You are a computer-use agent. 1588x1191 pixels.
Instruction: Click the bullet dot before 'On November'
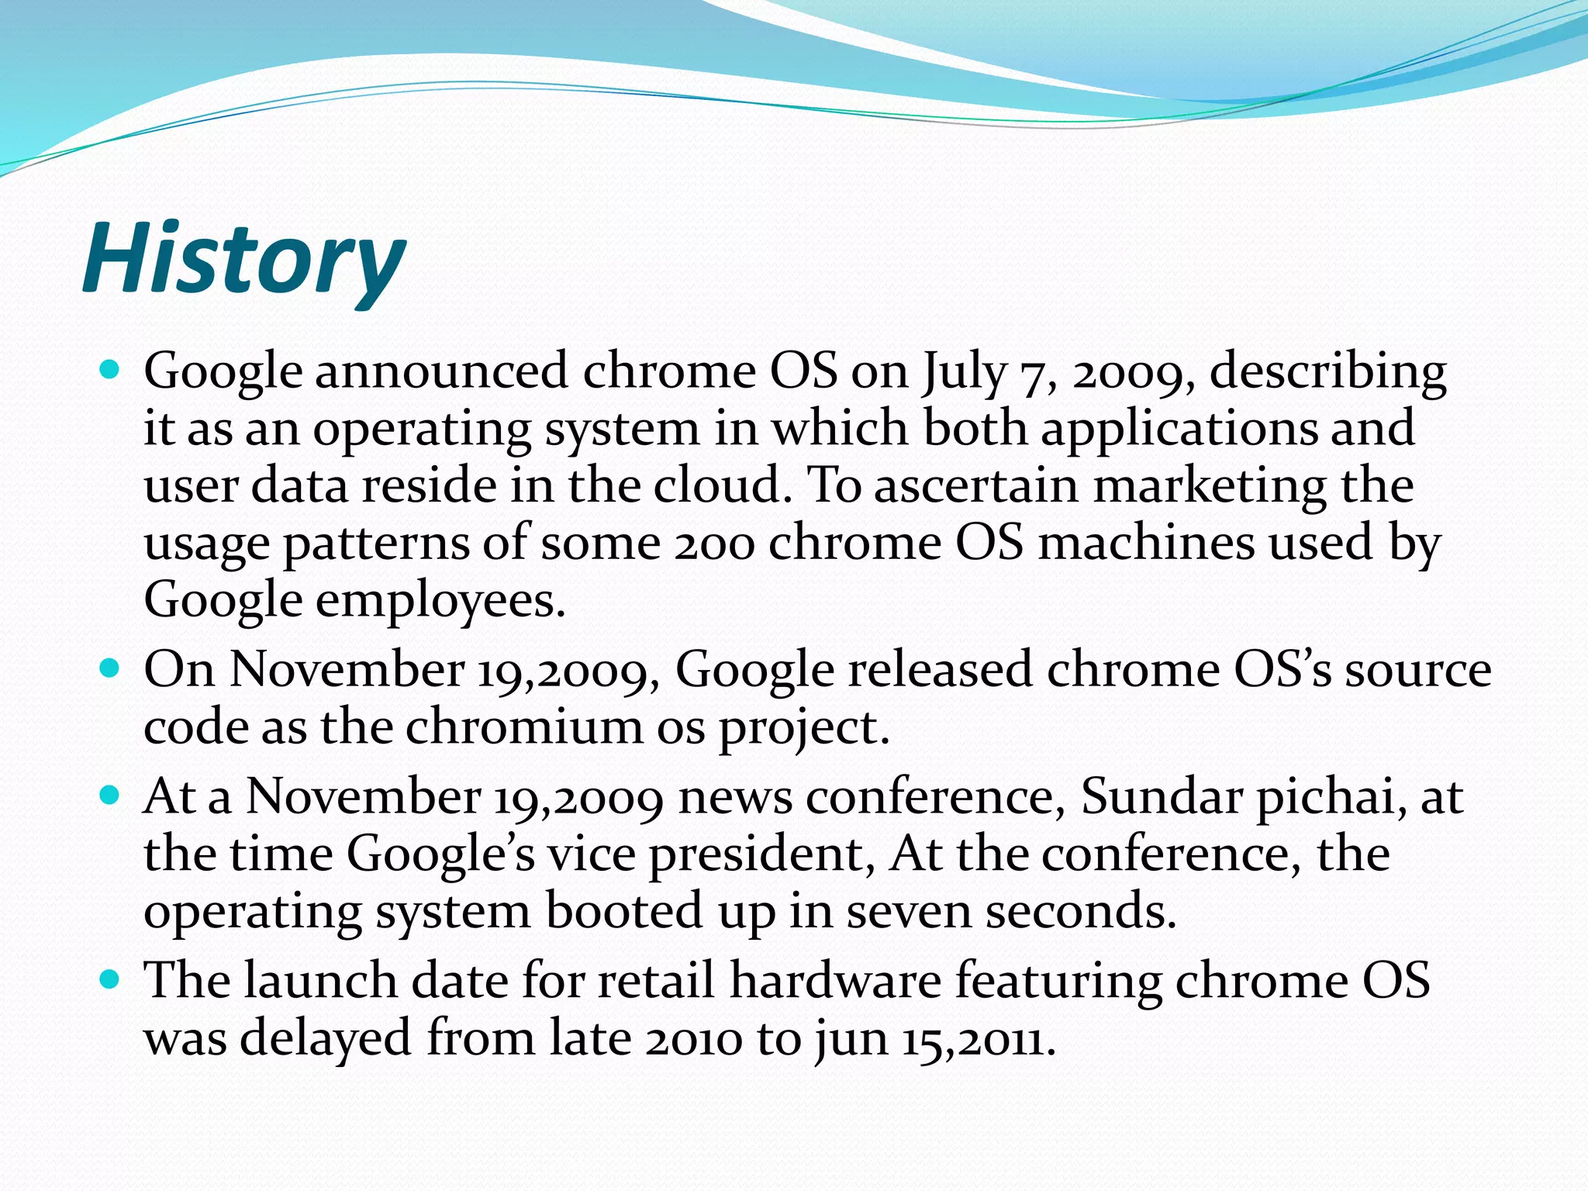110,667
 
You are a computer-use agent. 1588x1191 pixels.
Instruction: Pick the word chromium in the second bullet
524,727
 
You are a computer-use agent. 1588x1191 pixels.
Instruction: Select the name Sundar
1161,796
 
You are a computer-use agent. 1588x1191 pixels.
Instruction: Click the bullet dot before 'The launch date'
110,979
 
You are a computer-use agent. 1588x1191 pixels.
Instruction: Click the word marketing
1210,487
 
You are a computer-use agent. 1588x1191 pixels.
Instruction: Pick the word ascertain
976,486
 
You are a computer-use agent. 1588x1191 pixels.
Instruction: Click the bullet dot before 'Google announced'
110,370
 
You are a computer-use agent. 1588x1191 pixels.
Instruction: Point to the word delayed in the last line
325,1039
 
